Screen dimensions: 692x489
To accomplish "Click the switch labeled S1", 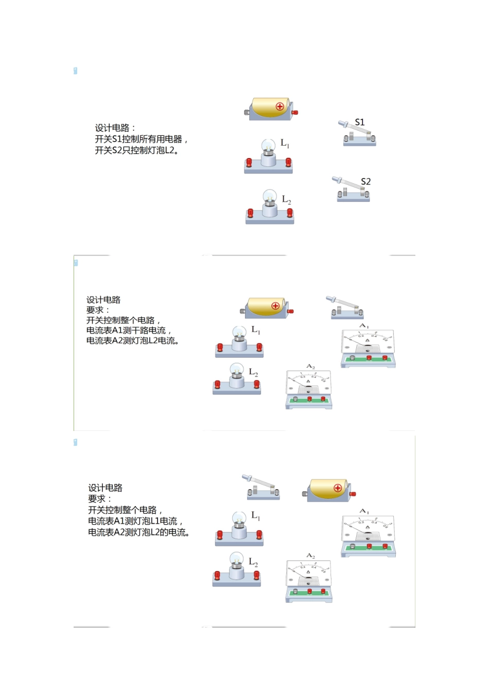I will pos(359,134).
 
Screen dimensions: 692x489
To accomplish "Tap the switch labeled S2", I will pos(353,189).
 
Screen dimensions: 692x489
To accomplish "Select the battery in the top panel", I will pos(271,109).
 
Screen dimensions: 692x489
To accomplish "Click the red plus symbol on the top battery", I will pos(280,107).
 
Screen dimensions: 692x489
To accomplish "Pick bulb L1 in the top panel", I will pos(268,155).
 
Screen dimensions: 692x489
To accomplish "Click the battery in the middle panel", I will pos(266,307).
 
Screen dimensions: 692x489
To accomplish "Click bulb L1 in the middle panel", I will pos(239,341).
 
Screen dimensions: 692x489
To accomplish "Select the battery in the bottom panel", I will pos(329,490).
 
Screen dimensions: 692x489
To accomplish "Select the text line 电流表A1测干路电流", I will pos(129,331).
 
